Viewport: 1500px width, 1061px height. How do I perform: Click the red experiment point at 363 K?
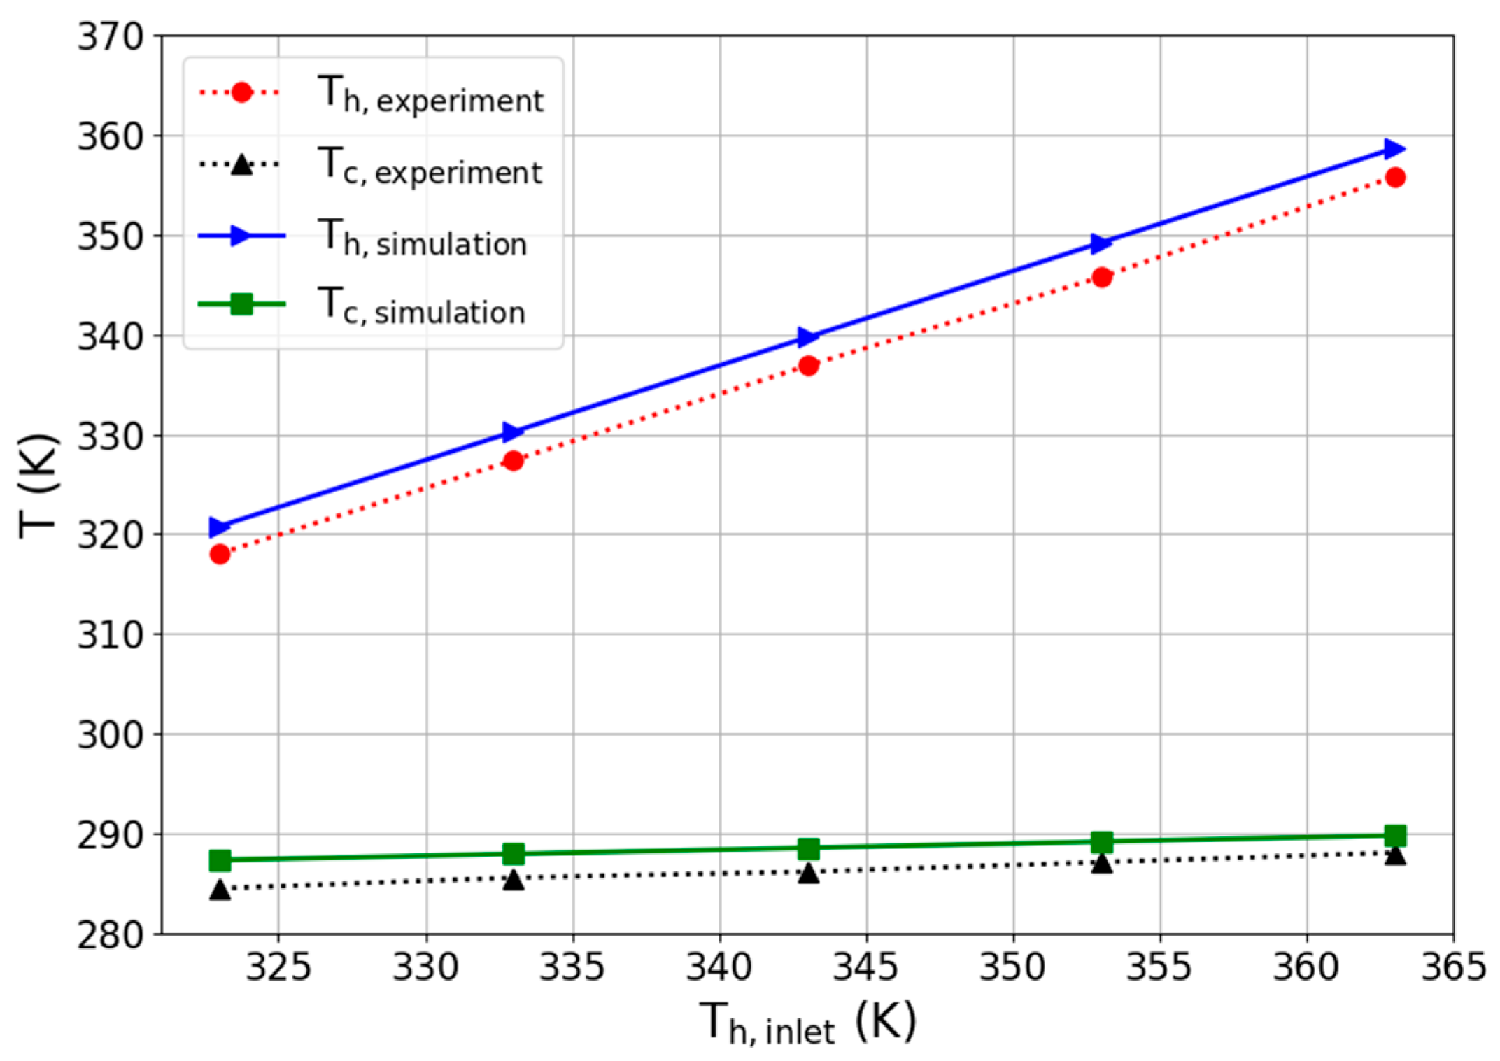[1395, 178]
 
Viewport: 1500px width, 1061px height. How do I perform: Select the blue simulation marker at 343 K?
[808, 337]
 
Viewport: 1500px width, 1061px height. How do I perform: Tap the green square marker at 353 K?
[1102, 841]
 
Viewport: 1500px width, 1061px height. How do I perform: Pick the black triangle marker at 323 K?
[220, 890]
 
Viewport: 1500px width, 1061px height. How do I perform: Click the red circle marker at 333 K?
[514, 461]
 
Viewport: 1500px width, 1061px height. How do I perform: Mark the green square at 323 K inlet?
[220, 860]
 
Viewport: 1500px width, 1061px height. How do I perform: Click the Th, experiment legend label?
[430, 95]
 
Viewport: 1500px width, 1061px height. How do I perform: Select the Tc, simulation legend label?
[421, 307]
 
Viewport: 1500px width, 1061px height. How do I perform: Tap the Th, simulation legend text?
[422, 238]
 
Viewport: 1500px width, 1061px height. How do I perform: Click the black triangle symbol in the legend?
[241, 165]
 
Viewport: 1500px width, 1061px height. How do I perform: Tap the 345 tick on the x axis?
[866, 967]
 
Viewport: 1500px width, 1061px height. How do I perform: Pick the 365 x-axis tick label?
[1453, 967]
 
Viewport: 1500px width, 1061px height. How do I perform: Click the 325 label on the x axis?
[278, 967]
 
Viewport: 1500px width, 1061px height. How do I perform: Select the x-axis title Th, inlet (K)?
[807, 1023]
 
